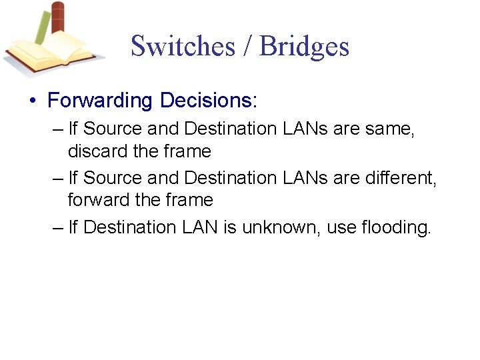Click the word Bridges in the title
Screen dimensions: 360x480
(304, 46)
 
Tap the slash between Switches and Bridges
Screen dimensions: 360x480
(247, 46)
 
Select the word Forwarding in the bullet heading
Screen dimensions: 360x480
(100, 101)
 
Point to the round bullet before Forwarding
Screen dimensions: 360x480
(33, 101)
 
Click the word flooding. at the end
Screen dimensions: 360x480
(396, 227)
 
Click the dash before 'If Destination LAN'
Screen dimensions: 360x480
(57, 227)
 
